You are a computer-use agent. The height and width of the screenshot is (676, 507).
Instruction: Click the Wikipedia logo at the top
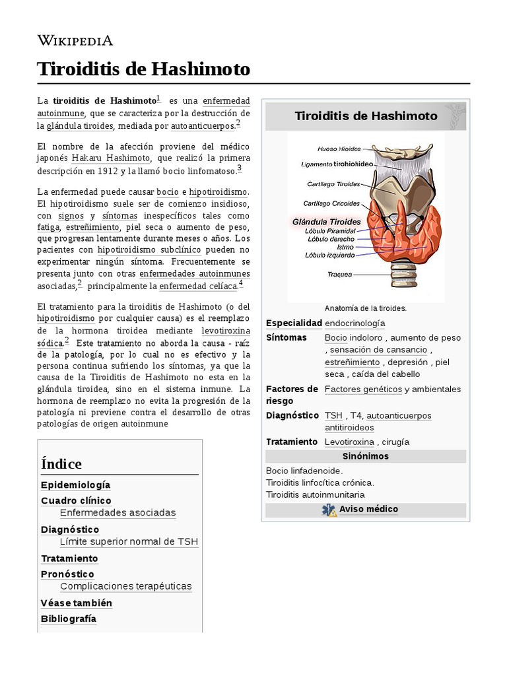coord(75,40)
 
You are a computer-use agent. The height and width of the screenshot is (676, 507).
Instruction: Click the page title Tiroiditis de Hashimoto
coord(144,69)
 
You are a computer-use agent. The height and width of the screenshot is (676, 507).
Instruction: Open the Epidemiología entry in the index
coord(75,485)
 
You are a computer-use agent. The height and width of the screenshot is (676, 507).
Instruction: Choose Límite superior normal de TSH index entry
coord(129,542)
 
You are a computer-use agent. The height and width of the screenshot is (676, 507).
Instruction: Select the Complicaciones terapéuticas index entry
coord(125,586)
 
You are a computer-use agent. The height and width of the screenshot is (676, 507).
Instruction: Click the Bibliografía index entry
coord(68,619)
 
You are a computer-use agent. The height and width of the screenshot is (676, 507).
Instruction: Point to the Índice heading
coord(61,463)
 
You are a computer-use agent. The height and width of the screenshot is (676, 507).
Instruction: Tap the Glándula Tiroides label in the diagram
coord(326,222)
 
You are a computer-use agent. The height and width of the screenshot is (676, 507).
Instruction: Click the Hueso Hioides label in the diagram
coord(339,149)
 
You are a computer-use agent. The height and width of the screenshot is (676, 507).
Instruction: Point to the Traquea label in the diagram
coord(340,273)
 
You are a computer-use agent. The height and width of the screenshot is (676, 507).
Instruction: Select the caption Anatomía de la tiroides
coord(366,308)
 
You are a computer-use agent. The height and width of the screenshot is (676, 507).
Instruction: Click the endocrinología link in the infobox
coord(355,323)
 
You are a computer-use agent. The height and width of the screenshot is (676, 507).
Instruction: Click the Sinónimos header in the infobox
coord(366,456)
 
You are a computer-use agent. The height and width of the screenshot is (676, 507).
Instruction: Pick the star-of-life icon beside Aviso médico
coord(328,510)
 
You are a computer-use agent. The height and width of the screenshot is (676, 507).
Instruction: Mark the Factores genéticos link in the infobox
coord(363,389)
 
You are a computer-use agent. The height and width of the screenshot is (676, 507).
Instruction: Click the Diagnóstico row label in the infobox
coord(292,415)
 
